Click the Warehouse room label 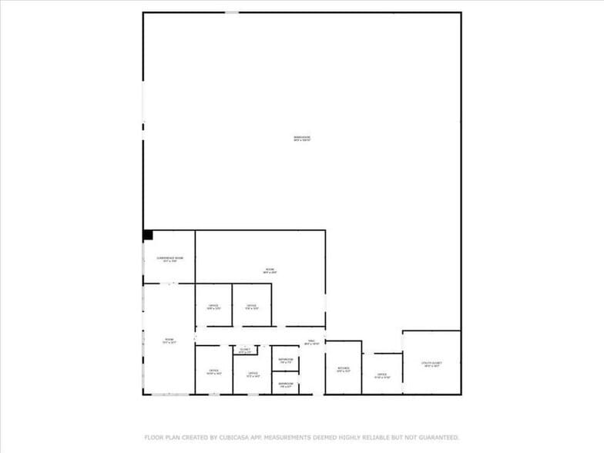tap(301, 138)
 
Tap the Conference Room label tap(169, 258)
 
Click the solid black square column tap(148, 235)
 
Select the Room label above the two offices tap(270, 270)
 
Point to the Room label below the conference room tap(169, 340)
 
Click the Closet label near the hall tap(245, 350)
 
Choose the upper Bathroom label tap(285, 360)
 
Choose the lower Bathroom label tap(285, 384)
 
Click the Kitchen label tap(344, 368)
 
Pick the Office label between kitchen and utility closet tap(382, 376)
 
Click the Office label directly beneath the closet tap(252, 374)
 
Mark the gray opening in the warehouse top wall tap(231, 12)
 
